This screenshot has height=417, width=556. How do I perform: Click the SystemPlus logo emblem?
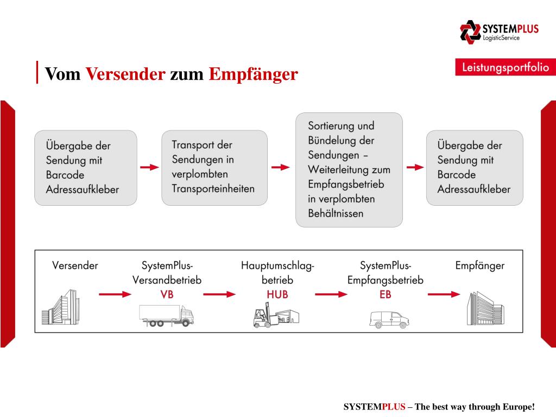pyautogui.click(x=470, y=31)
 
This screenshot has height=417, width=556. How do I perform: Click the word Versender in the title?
pyautogui.click(x=125, y=74)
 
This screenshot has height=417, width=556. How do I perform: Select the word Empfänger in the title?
pyautogui.click(x=254, y=74)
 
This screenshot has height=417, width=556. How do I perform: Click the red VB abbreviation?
pyautogui.click(x=167, y=294)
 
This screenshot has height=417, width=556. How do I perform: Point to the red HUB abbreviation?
pyautogui.click(x=277, y=294)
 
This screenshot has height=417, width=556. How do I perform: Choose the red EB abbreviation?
pyautogui.click(x=385, y=294)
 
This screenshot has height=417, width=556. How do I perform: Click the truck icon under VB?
pyautogui.click(x=166, y=315)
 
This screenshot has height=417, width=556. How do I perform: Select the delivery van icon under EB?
pyautogui.click(x=389, y=319)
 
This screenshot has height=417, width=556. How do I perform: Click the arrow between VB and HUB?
pyautogui.click(x=219, y=294)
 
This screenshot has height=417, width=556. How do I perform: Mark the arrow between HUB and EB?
pyautogui.click(x=331, y=294)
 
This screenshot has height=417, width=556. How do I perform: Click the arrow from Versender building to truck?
pyautogui.click(x=115, y=294)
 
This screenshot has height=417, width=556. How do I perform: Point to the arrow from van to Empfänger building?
pyautogui.click(x=444, y=294)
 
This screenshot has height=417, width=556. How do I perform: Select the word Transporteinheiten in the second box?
pyautogui.click(x=213, y=189)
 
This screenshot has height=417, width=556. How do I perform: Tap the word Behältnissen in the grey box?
pyautogui.click(x=336, y=213)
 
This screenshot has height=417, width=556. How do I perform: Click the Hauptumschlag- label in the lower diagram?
pyautogui.click(x=277, y=266)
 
